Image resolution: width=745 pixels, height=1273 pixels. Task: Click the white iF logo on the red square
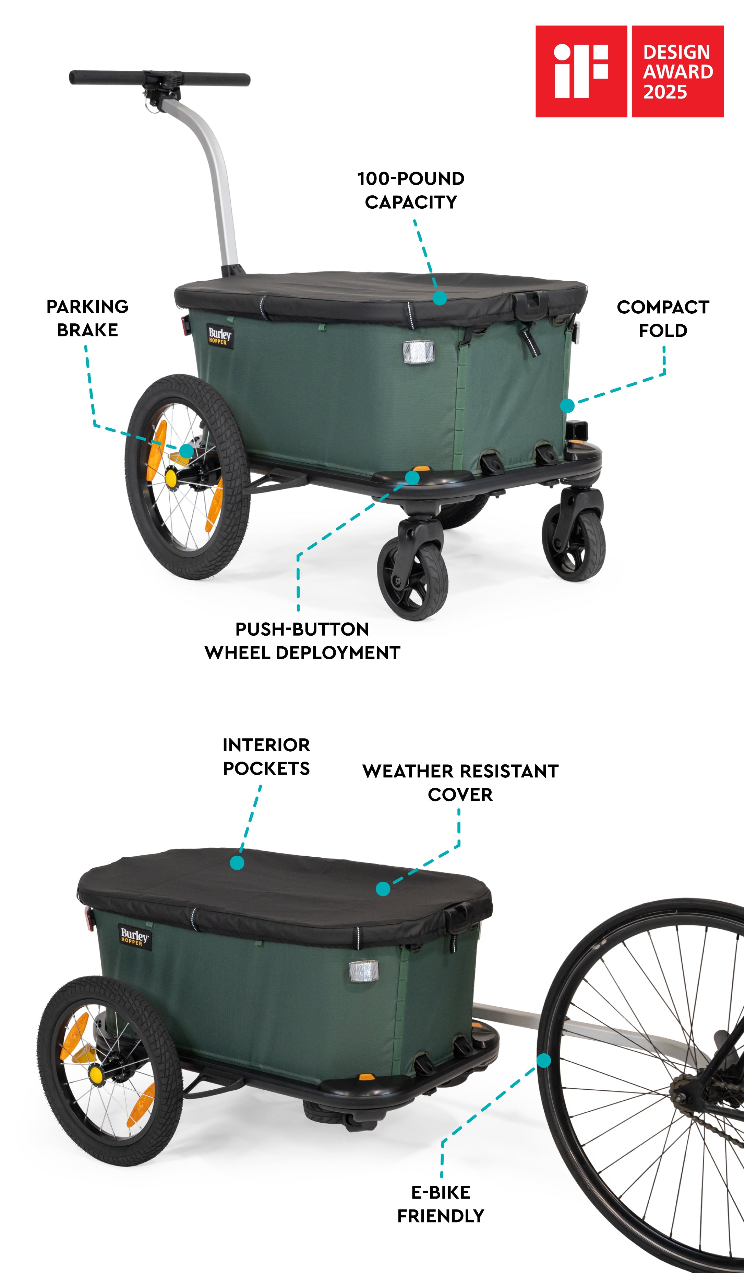pos(581,71)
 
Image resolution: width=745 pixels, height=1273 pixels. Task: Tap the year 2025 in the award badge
pos(665,92)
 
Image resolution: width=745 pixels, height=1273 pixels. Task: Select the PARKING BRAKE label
pos(87,318)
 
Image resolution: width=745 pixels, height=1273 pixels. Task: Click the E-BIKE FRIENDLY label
pos(441,1204)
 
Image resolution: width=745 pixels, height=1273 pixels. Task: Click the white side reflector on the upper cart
pos(418,352)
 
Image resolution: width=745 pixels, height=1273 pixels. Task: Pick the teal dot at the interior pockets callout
pos(237,862)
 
